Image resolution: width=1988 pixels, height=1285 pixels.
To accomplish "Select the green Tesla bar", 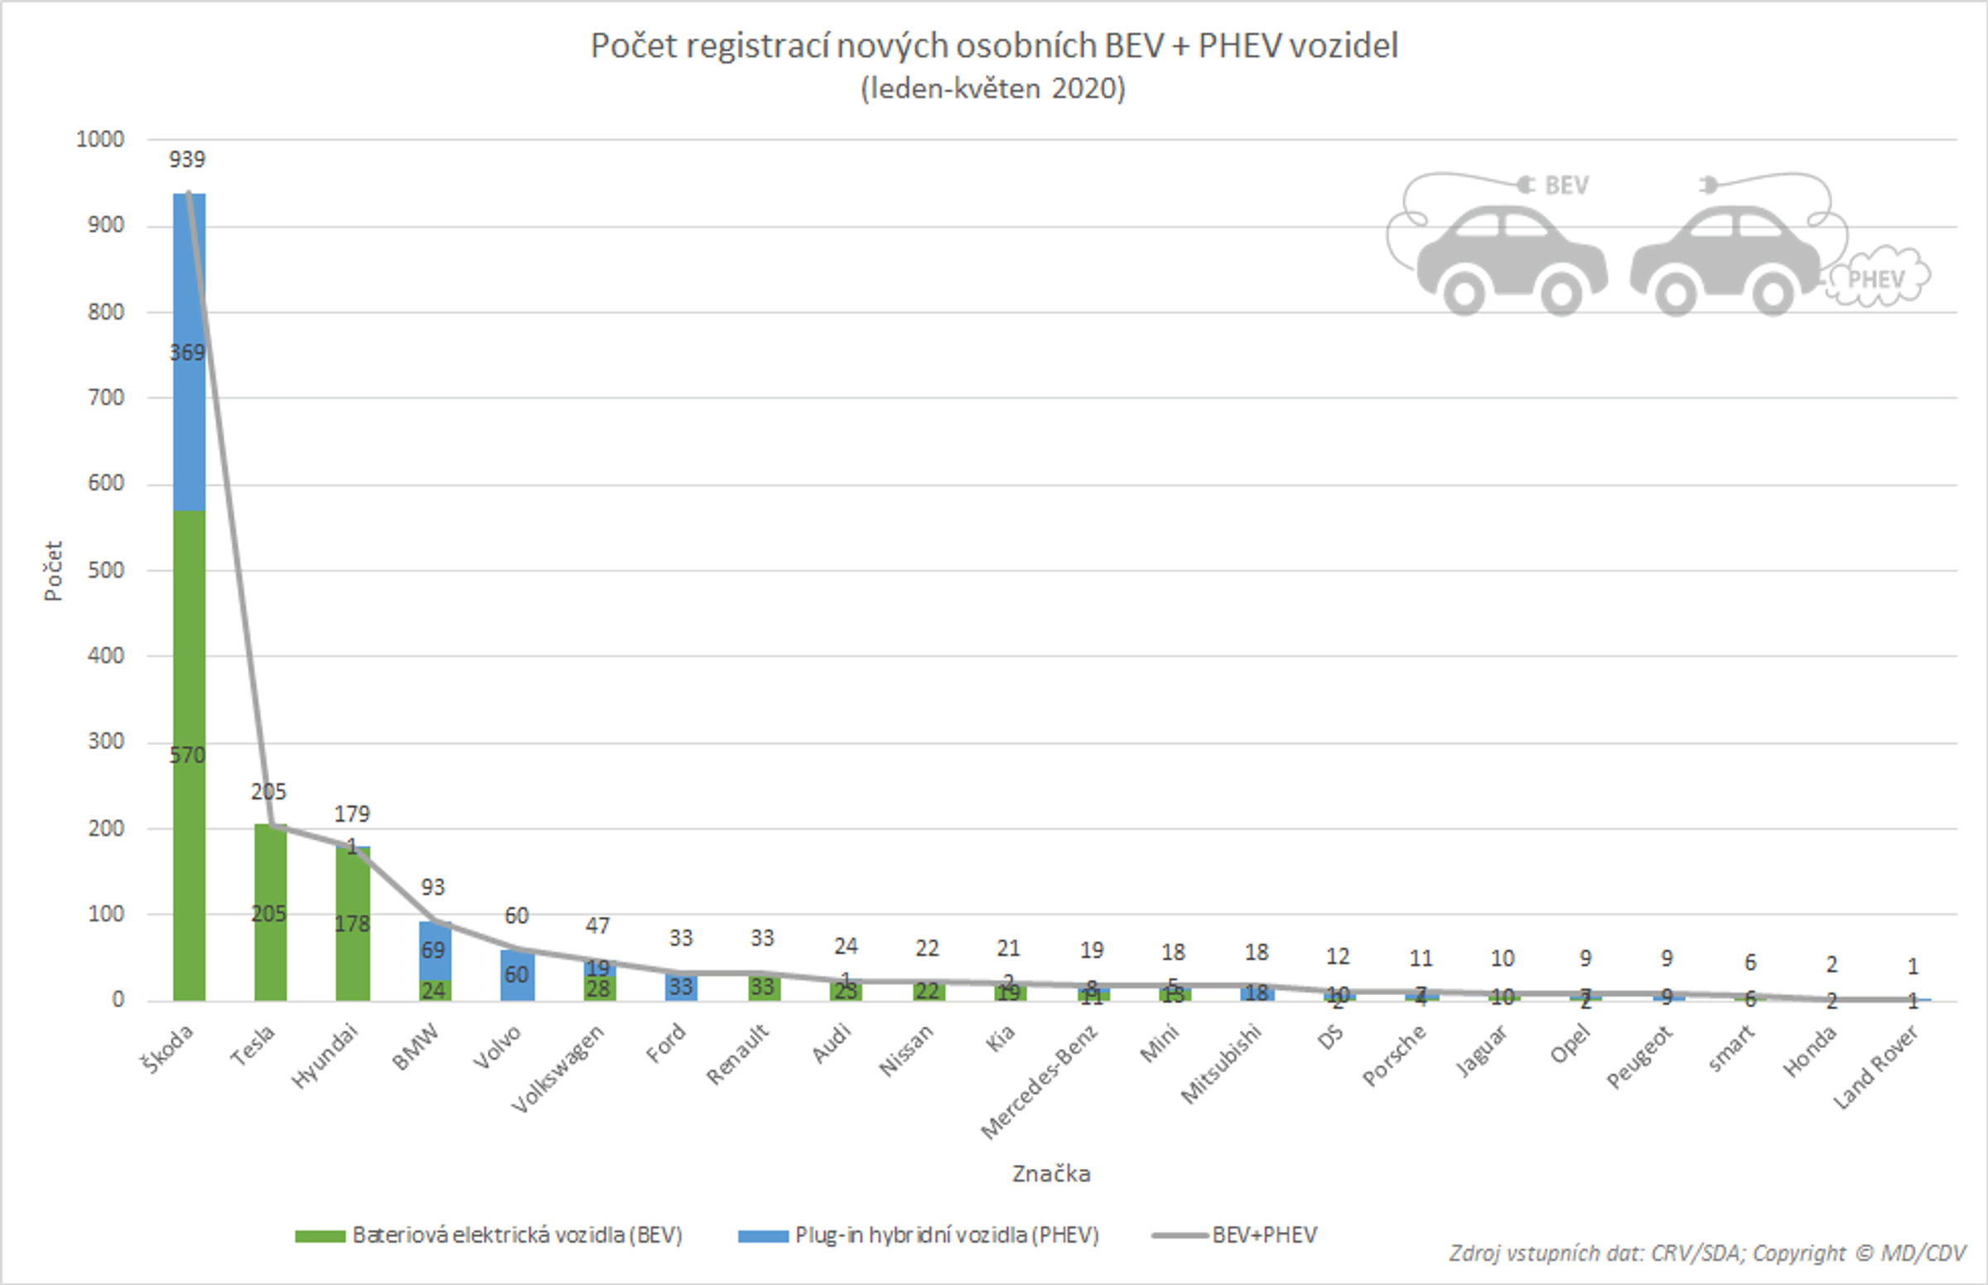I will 270,877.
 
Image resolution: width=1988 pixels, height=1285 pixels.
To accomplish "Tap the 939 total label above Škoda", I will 187,159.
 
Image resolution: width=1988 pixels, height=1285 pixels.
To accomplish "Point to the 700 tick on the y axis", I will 106,397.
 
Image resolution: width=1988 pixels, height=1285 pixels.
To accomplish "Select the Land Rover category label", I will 1876,1067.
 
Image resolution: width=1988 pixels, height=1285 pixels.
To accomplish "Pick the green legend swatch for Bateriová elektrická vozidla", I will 321,1236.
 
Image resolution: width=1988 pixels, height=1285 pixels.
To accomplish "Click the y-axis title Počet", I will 53,571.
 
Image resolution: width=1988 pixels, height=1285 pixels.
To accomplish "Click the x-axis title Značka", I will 1051,1174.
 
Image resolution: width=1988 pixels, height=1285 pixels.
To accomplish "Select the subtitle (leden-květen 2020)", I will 992,89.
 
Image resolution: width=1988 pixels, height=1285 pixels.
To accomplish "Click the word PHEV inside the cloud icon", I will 1877,278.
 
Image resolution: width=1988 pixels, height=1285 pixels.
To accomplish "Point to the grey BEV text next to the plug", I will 1566,186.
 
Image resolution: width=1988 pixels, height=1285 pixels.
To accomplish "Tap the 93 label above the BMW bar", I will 433,887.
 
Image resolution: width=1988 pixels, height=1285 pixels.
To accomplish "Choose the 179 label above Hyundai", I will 351,814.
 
